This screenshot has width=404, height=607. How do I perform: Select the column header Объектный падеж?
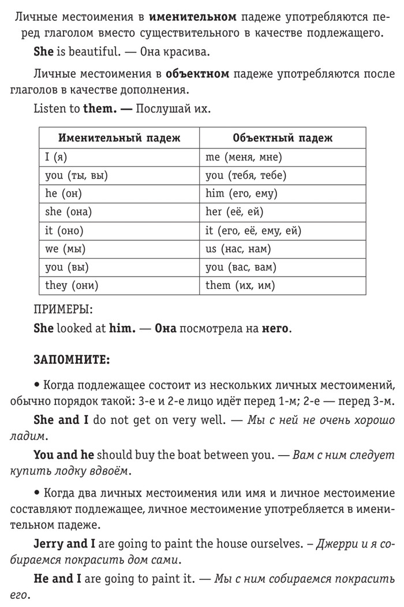click(282, 138)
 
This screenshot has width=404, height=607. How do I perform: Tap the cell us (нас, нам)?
click(238, 249)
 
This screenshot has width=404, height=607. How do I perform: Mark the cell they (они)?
click(72, 285)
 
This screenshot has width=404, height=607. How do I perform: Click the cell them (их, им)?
click(240, 285)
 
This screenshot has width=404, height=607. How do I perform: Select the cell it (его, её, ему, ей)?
click(253, 230)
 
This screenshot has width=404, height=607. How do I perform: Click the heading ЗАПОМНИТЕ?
click(71, 360)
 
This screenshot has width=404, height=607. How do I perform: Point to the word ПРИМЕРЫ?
click(63, 310)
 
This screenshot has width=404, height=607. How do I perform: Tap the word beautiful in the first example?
click(91, 51)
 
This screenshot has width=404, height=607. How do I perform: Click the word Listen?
click(51, 109)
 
